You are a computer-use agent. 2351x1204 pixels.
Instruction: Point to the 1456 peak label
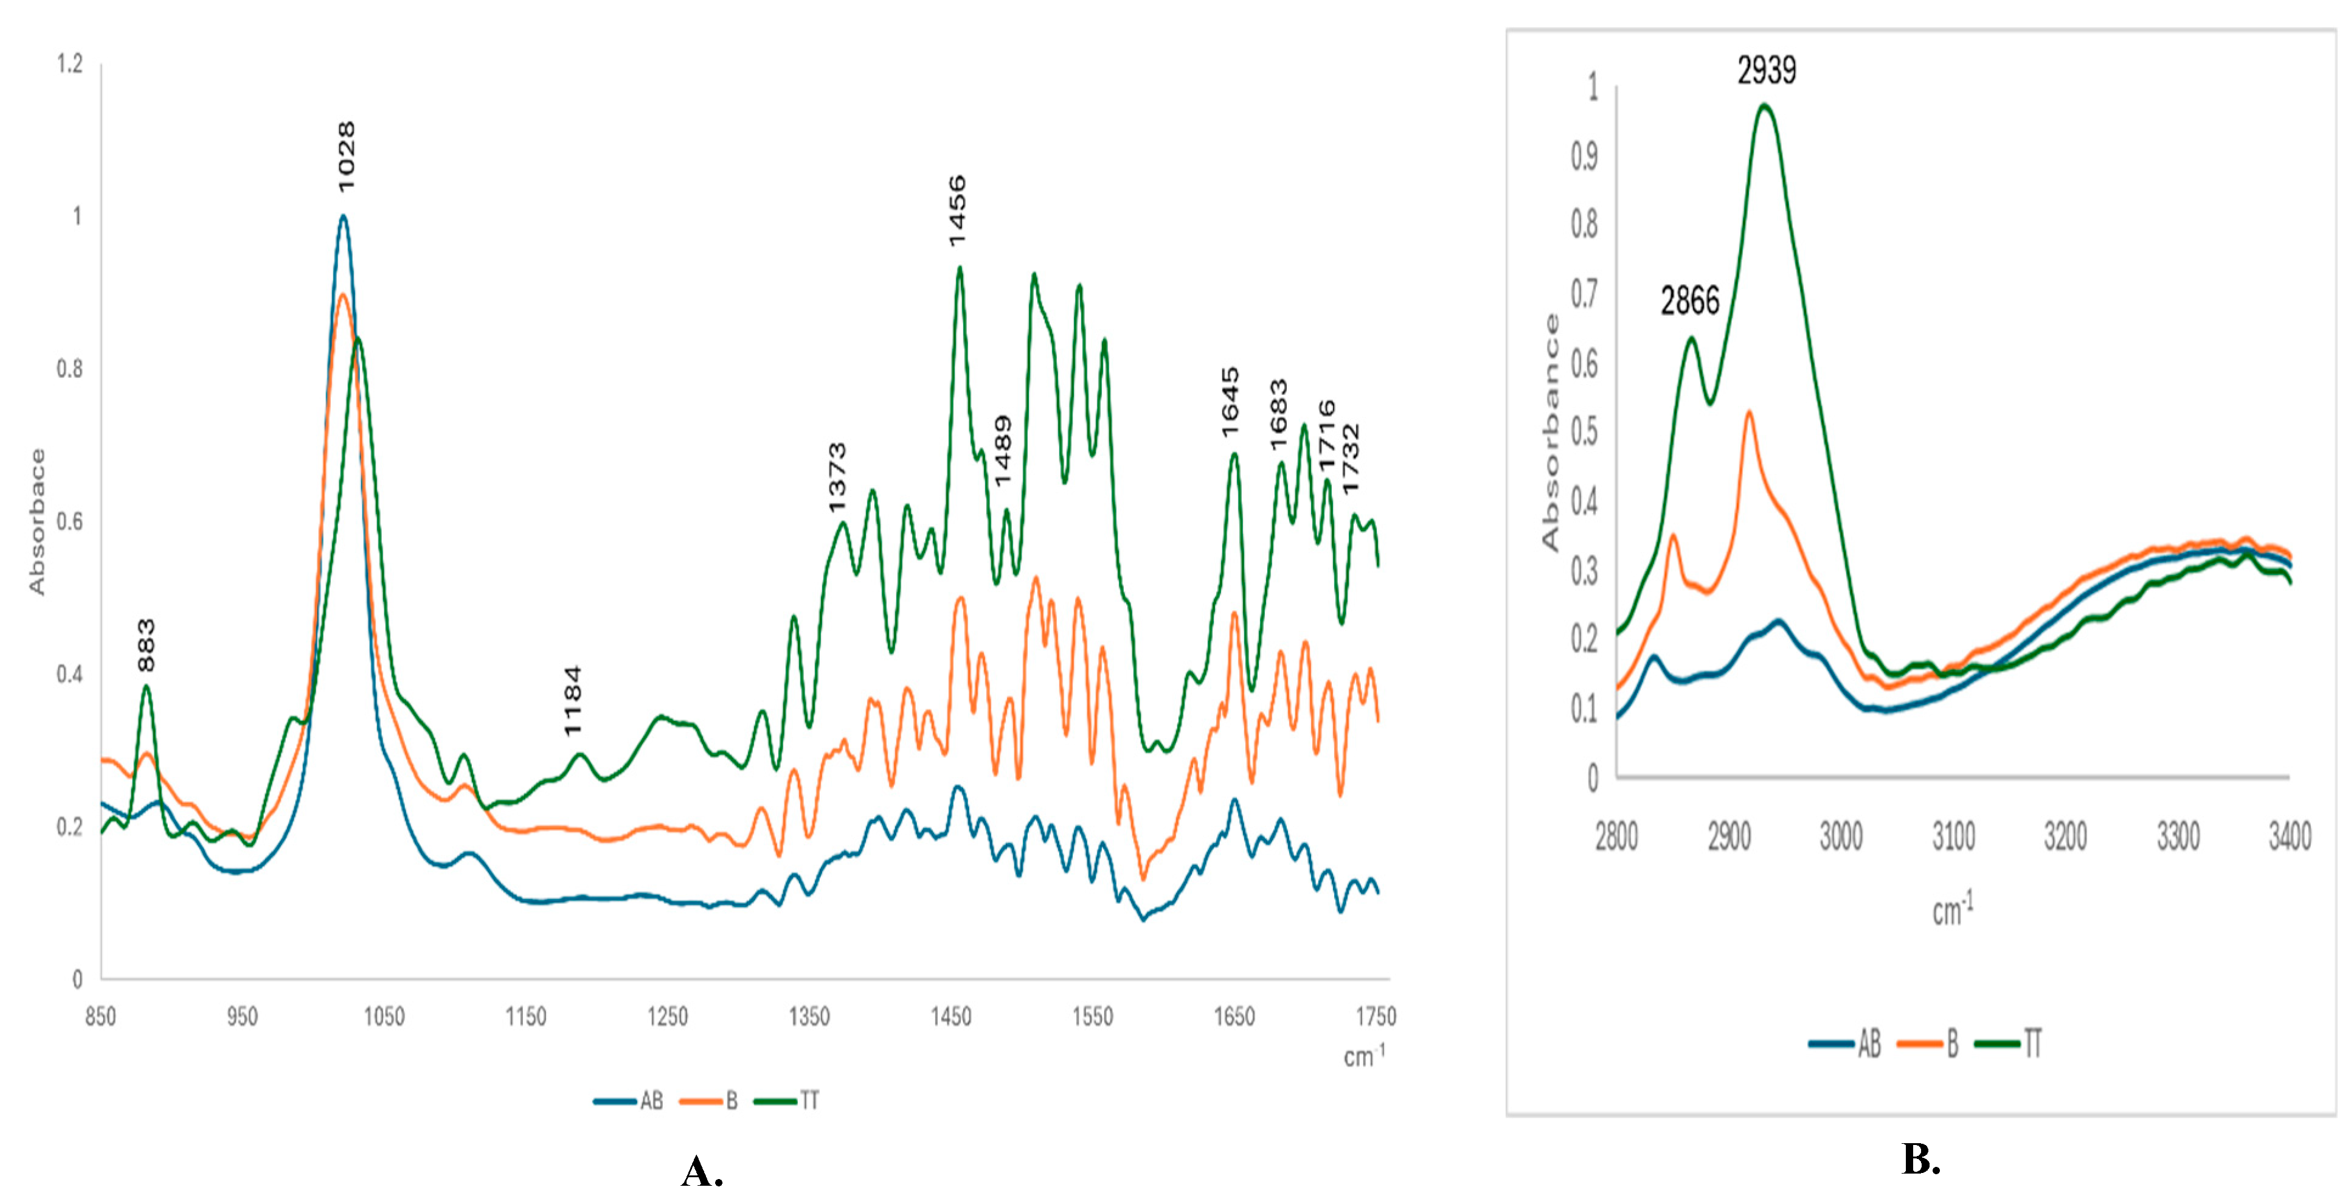coord(957,211)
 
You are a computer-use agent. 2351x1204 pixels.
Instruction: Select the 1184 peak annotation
coord(572,701)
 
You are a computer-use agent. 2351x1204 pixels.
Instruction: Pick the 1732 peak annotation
coord(1351,459)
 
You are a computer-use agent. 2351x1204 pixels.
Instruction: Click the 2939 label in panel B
coord(1766,71)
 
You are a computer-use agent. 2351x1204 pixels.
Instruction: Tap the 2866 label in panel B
coord(1689,301)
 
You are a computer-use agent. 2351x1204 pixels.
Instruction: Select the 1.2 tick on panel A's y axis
coord(69,64)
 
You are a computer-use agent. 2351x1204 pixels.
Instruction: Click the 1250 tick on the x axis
coord(667,1017)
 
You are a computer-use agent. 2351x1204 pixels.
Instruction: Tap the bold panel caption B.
coord(1920,1159)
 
